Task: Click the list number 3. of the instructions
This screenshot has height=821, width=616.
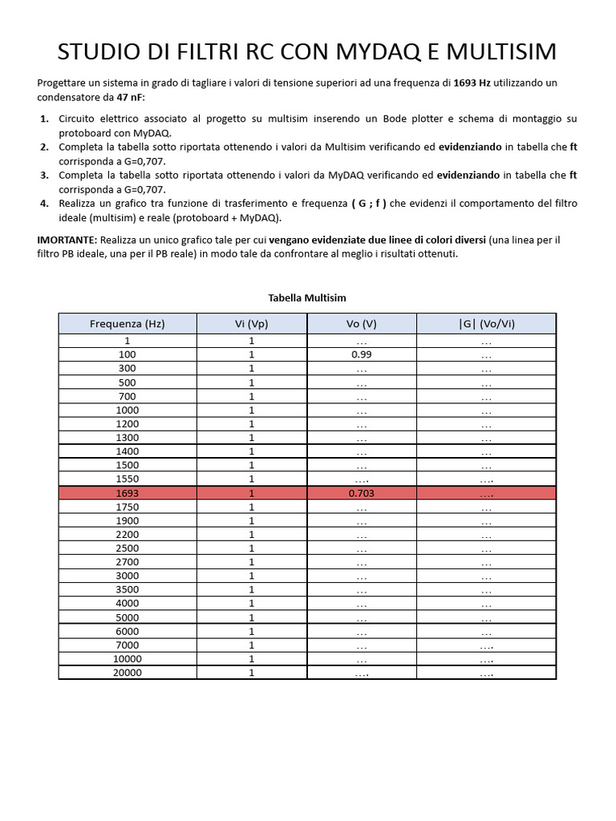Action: coord(44,175)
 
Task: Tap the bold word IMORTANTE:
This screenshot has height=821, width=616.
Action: coord(67,240)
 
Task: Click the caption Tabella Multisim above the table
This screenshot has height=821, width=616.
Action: coord(307,297)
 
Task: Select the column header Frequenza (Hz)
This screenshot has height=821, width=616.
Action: coord(128,324)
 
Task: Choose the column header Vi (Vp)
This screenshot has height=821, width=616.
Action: coord(251,324)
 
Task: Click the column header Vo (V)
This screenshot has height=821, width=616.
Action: coord(361,324)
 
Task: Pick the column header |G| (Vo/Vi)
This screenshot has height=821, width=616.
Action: coord(486,324)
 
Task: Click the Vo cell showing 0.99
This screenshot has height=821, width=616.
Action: coord(361,354)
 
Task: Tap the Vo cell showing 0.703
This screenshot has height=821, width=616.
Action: coord(361,493)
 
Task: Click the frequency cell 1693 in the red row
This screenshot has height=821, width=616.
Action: coord(128,493)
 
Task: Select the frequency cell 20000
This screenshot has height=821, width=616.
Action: coord(128,673)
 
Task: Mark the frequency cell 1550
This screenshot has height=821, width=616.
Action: coord(128,479)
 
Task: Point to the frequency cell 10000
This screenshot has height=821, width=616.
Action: coord(128,659)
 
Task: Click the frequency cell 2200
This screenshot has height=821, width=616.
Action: coord(128,535)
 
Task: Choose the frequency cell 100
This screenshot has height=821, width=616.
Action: coord(128,354)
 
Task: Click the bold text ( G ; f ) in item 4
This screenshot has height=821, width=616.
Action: coord(369,204)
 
